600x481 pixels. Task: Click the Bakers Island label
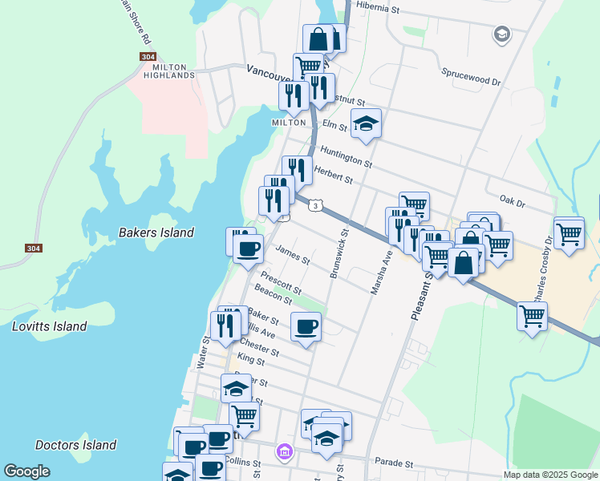click(156, 232)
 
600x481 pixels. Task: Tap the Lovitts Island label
click(49, 326)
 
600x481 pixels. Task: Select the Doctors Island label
click(76, 445)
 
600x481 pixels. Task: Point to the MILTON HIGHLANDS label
click(169, 71)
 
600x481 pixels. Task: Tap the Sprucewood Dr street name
click(471, 82)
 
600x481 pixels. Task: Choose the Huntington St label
click(346, 156)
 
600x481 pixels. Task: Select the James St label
click(292, 255)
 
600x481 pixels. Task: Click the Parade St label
click(393, 463)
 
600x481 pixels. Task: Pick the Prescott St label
click(281, 285)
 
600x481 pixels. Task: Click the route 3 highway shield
click(318, 206)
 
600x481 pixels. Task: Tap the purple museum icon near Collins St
click(283, 453)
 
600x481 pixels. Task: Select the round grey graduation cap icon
click(502, 34)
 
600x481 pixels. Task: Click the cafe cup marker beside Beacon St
click(306, 327)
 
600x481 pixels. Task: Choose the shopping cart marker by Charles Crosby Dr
click(569, 234)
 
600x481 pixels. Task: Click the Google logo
click(27, 471)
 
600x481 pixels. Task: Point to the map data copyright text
click(550, 475)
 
